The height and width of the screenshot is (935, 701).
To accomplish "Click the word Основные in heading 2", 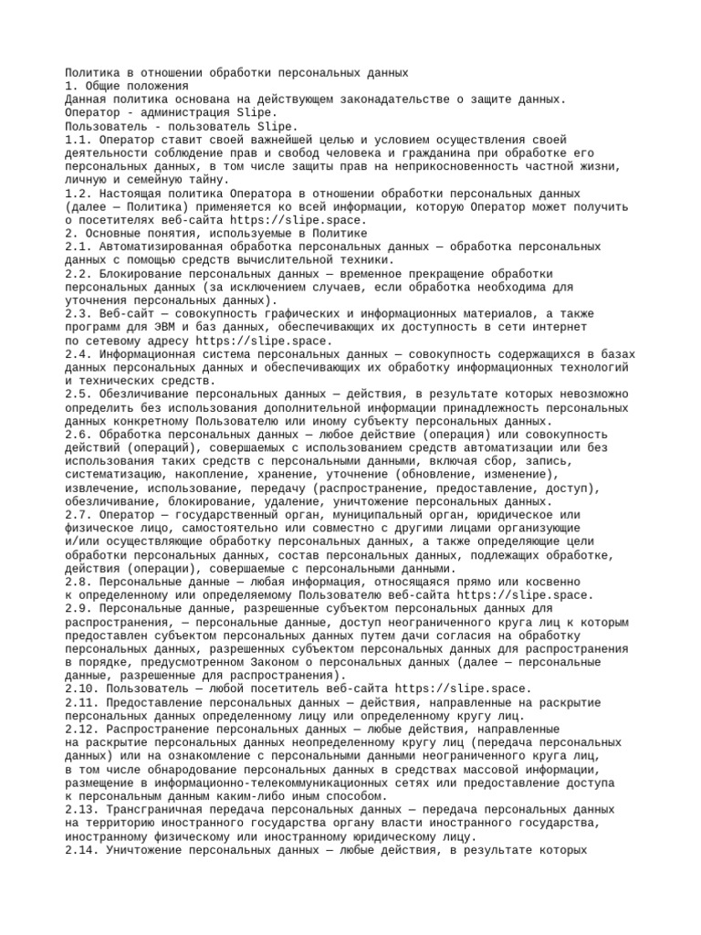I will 116,234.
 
